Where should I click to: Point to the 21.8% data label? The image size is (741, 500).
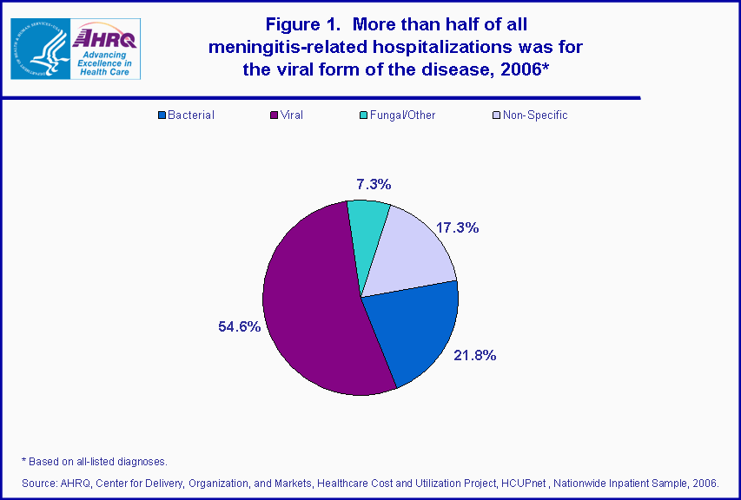tap(474, 355)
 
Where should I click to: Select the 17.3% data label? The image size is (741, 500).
tap(457, 227)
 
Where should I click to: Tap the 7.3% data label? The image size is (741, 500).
tap(374, 184)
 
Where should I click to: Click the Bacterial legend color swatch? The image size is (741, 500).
tap(162, 115)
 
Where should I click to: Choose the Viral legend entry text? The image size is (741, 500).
tap(291, 115)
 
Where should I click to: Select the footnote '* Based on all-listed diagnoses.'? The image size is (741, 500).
tap(94, 461)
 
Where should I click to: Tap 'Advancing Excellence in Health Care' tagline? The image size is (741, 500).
tap(105, 62)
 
